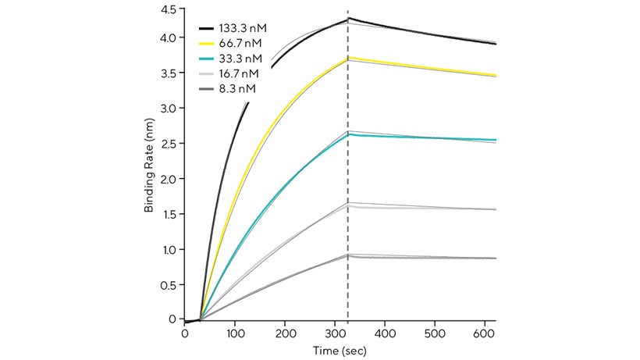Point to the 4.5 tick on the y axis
tap(167, 10)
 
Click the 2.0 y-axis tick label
tap(167, 179)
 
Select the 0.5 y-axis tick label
tap(167, 285)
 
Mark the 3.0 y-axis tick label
tap(167, 108)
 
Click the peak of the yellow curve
tap(349, 58)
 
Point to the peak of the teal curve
tap(349, 134)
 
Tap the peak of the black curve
tap(349, 18)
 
